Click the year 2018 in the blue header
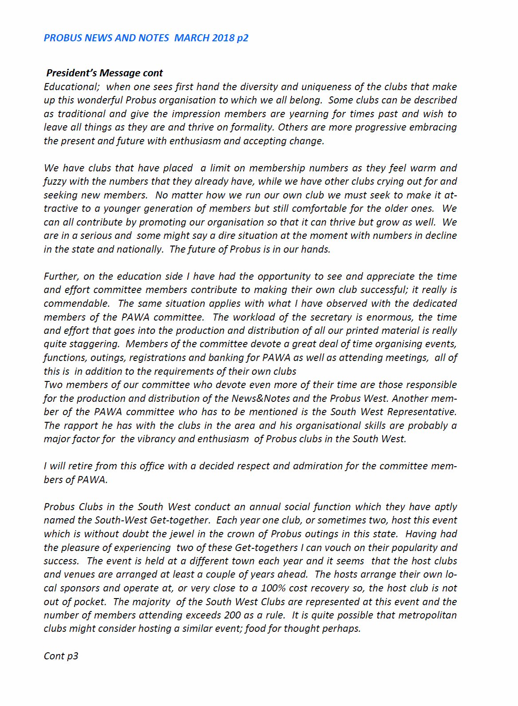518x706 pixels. [x=223, y=38]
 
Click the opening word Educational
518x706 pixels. [x=71, y=87]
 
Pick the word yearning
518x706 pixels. [x=308, y=114]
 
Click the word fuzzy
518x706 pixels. [x=55, y=181]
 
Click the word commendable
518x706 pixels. [x=76, y=303]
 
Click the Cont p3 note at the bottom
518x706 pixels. [x=61, y=656]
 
